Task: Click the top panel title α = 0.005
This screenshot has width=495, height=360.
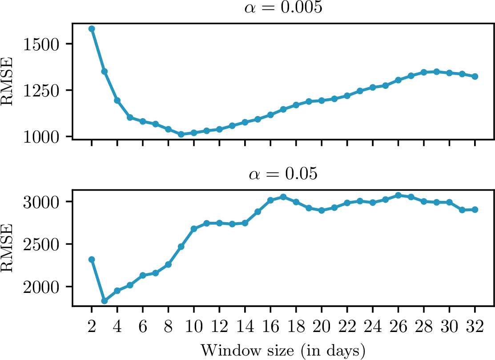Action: tap(283, 9)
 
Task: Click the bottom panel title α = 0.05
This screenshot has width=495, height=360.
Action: tap(283, 174)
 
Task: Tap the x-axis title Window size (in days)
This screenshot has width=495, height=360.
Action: tap(283, 350)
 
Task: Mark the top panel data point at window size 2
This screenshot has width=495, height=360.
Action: tap(92, 29)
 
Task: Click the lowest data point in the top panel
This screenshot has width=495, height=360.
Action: tap(181, 134)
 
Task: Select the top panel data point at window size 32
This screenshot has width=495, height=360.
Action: tap(475, 76)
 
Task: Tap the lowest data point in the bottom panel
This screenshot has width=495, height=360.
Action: tap(105, 301)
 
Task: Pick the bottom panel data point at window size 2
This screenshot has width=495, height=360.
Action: tap(92, 259)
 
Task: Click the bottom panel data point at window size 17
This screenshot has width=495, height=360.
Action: tap(283, 197)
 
